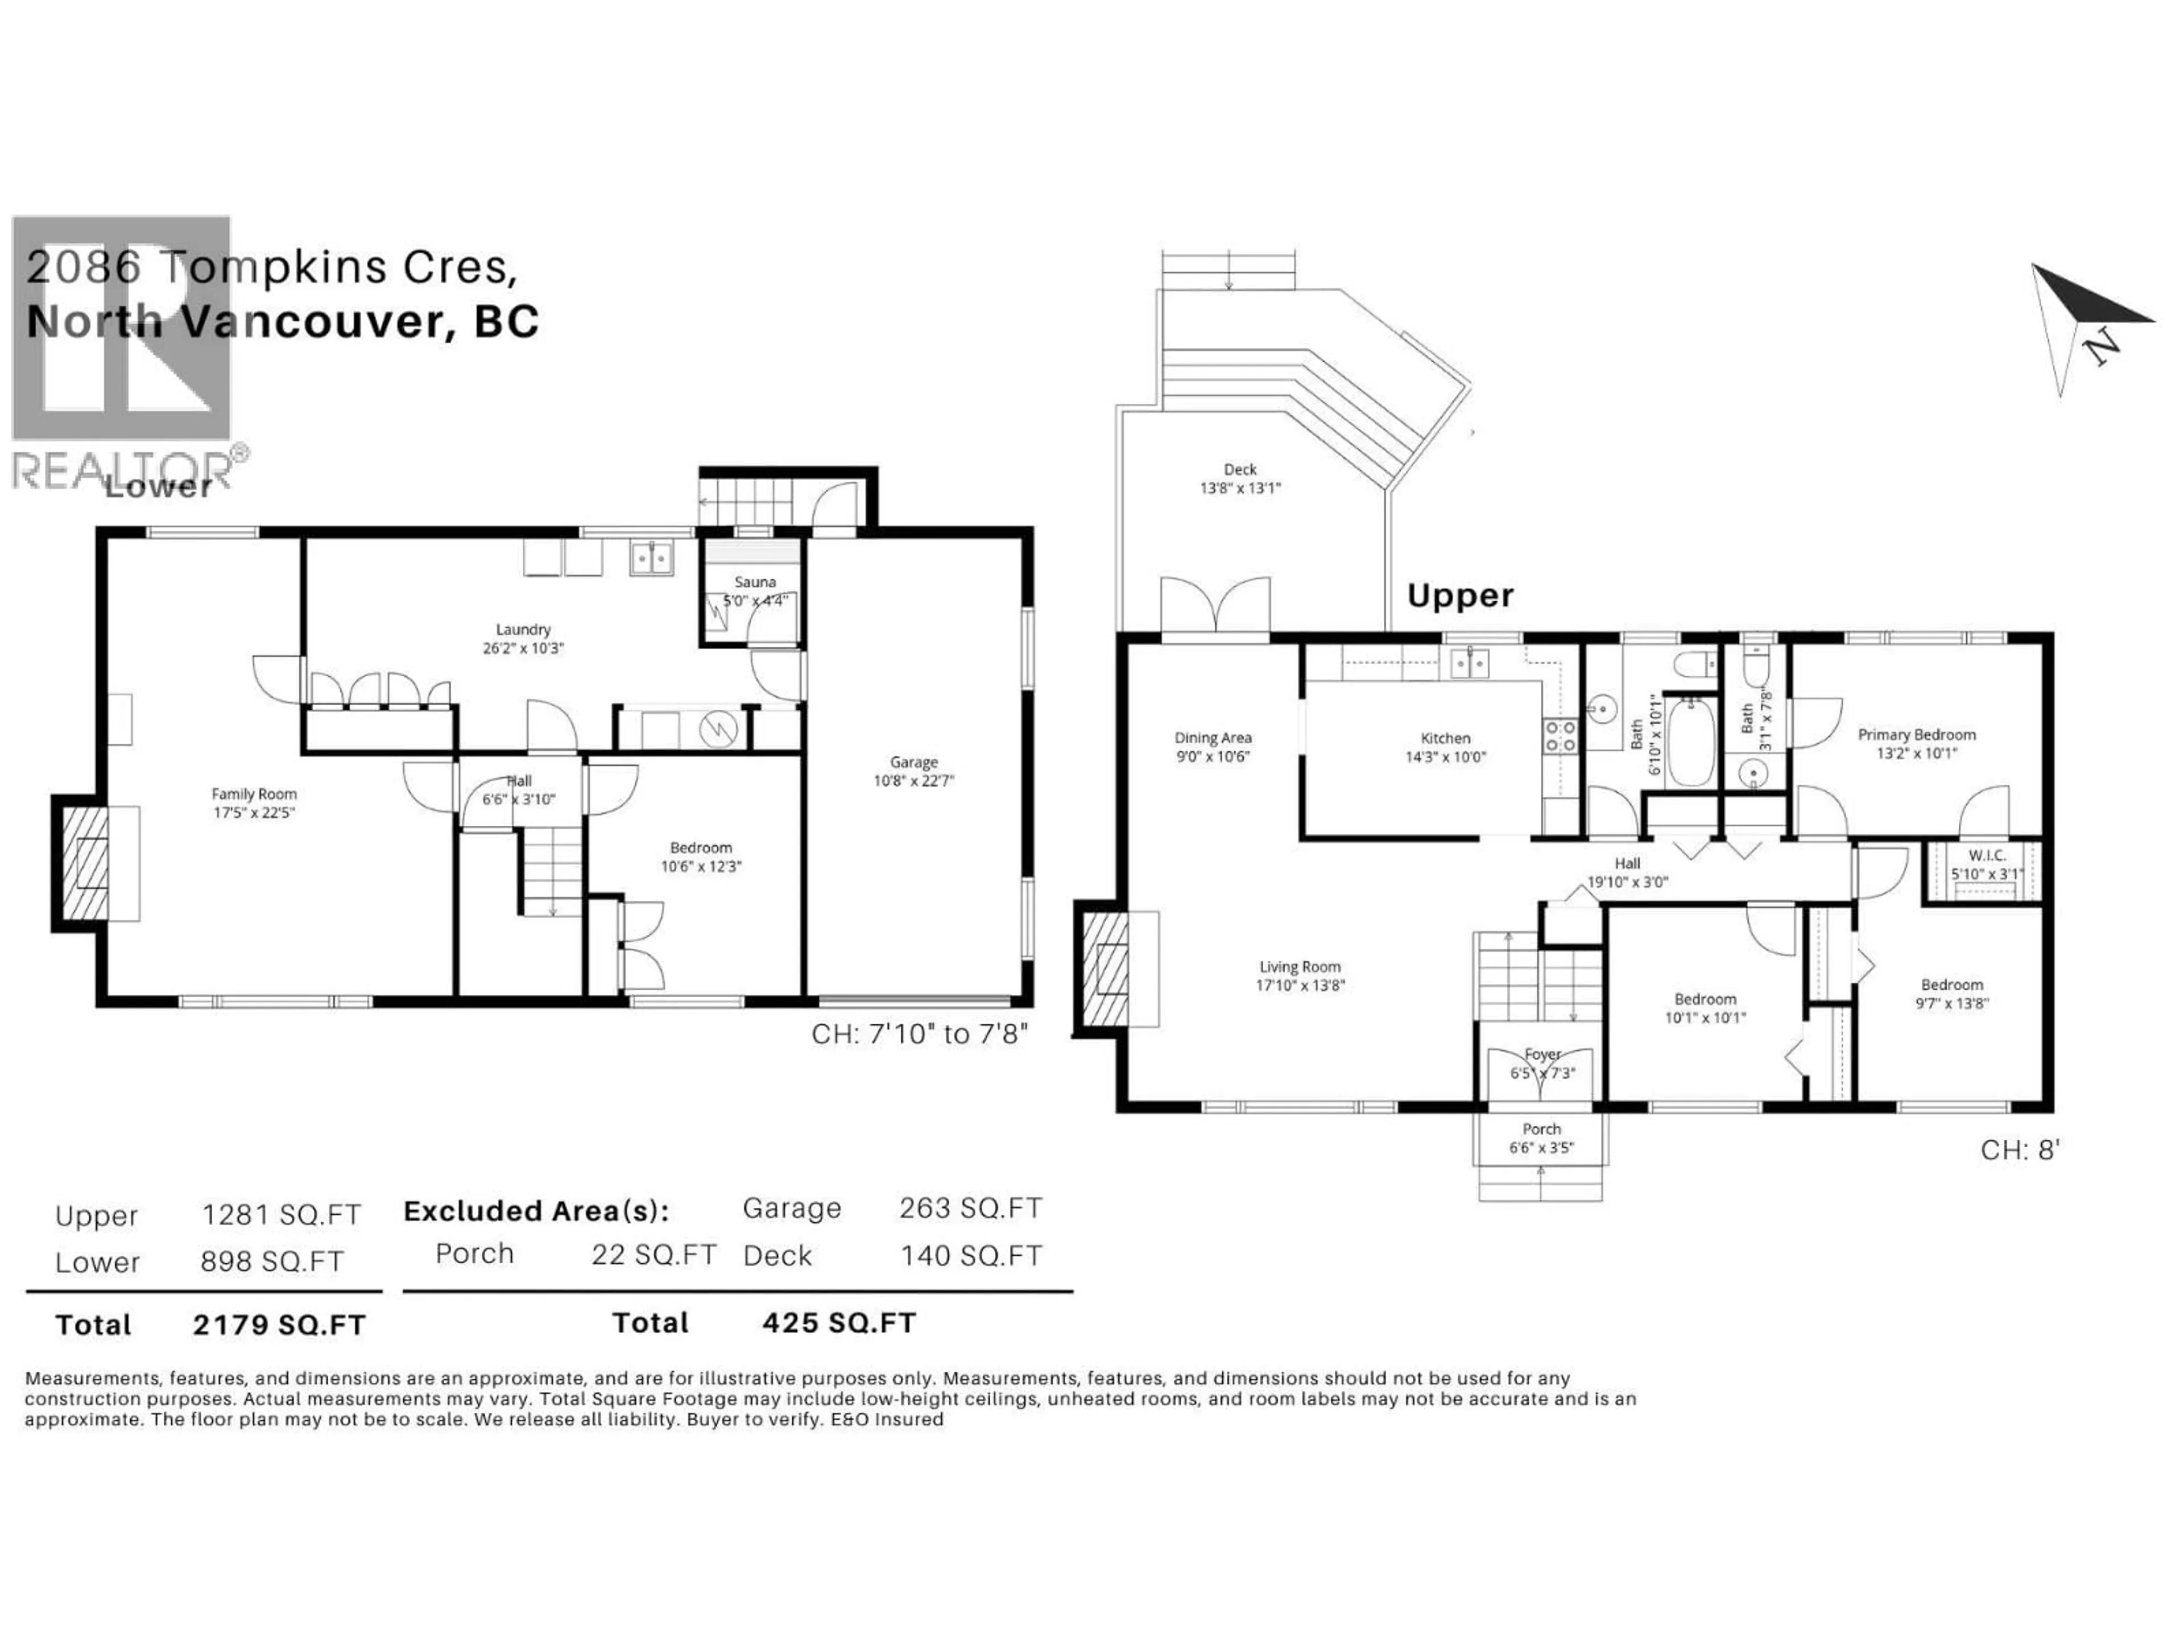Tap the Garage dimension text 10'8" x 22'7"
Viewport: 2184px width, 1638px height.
(x=913, y=781)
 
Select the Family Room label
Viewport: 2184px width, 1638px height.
(x=254, y=794)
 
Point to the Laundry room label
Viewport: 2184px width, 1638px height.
(x=522, y=629)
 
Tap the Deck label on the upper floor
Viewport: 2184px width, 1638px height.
(x=1240, y=470)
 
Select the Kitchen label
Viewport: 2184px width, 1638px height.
(x=1445, y=739)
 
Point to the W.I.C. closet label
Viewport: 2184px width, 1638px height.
(x=1987, y=855)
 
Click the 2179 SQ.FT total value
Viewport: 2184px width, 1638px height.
(x=279, y=1325)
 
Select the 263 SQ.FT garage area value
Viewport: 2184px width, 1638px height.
(x=970, y=1209)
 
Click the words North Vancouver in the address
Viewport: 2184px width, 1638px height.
(x=237, y=322)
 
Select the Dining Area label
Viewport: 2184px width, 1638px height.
(x=1213, y=739)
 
